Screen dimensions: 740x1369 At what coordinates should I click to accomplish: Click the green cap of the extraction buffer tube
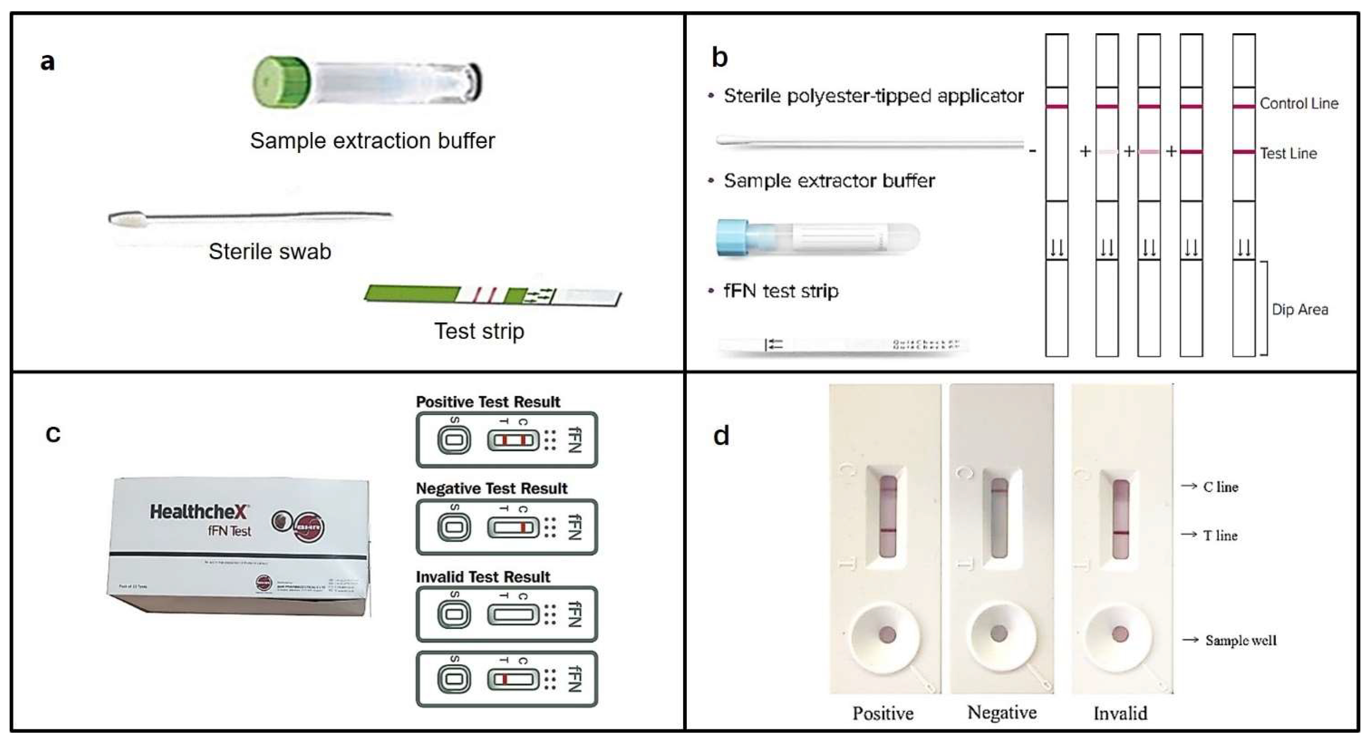[281, 82]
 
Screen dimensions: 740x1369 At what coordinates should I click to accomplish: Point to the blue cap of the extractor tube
[732, 237]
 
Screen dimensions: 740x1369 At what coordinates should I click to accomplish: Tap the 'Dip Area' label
[1300, 309]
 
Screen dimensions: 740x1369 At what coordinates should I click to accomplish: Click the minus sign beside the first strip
[1032, 151]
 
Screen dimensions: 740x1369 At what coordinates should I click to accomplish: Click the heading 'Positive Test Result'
[488, 402]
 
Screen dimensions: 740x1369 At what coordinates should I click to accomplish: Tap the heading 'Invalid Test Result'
[482, 577]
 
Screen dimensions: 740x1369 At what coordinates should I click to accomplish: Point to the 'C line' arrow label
[1220, 487]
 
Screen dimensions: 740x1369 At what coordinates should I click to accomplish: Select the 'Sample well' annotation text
[1240, 640]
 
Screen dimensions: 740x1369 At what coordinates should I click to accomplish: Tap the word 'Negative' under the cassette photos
[1002, 712]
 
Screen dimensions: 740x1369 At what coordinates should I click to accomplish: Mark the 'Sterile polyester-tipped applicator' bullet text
[873, 96]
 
